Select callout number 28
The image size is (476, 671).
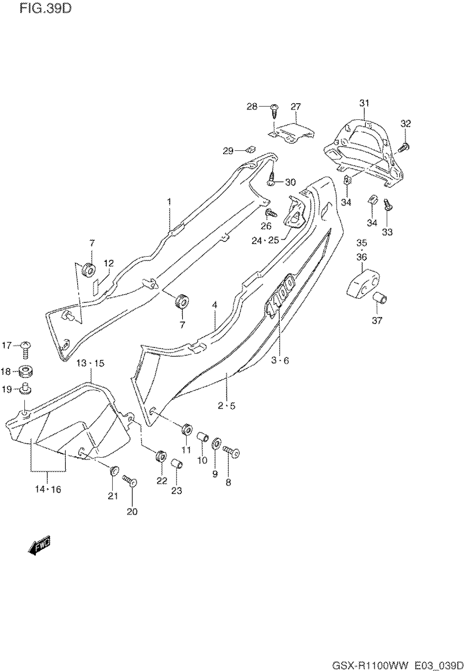(252, 107)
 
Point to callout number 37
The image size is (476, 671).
(377, 320)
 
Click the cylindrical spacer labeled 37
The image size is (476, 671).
(380, 300)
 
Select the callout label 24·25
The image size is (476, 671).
(265, 240)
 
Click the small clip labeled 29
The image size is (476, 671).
(250, 150)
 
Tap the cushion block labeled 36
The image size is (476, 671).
(363, 283)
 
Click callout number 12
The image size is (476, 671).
(109, 263)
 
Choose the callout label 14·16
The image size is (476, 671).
(48, 489)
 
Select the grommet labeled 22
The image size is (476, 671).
(161, 457)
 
